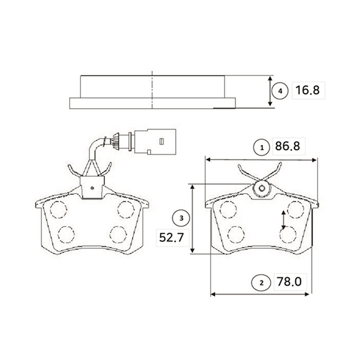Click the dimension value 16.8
coord(307,90)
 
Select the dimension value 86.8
coord(287,146)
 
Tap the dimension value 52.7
coord(172,238)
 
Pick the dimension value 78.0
coord(289,281)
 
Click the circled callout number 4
coord(280,91)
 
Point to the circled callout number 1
coord(262,148)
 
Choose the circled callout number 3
coord(181,218)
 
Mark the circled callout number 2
coord(260,283)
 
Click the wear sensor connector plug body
coord(155,142)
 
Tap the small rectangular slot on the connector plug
coord(161,142)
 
